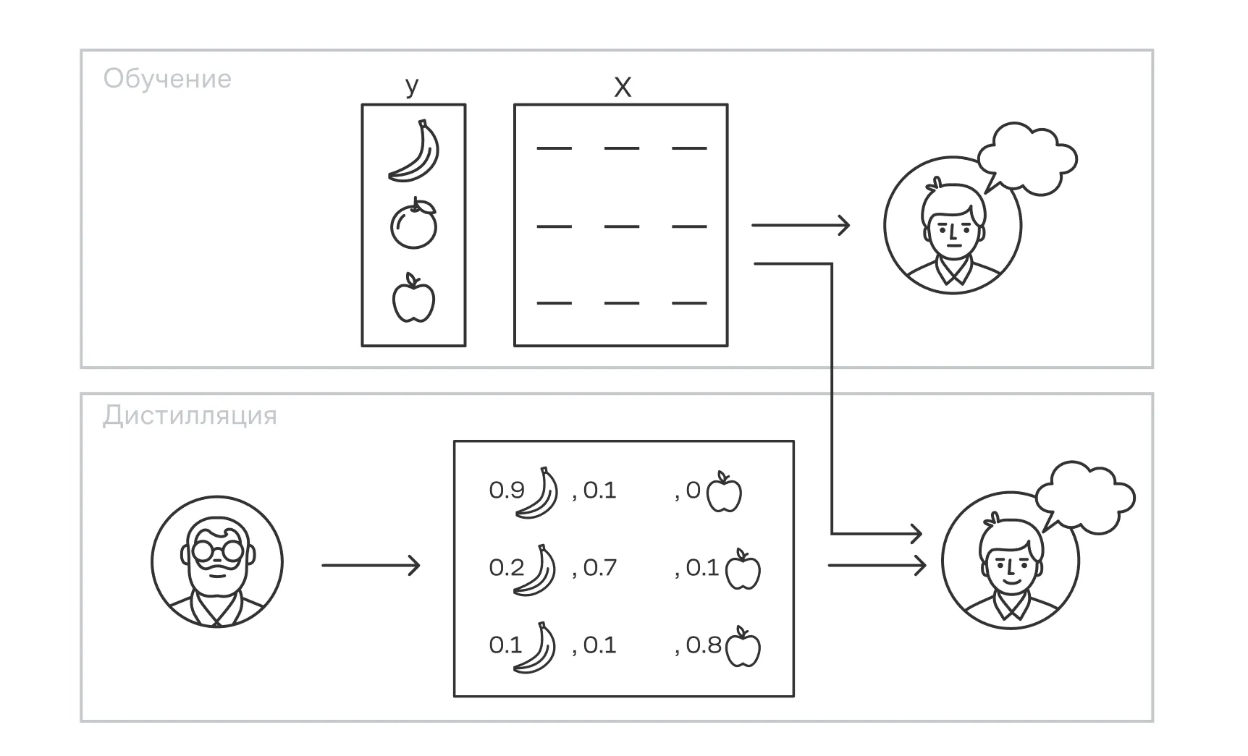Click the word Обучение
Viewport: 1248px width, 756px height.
click(x=167, y=78)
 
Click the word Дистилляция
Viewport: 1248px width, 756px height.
click(x=190, y=416)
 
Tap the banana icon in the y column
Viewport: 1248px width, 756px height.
click(x=415, y=150)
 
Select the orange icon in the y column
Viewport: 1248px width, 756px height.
click(x=414, y=224)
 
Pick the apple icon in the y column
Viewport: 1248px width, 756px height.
click(x=413, y=298)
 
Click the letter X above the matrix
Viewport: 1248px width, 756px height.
click(x=622, y=88)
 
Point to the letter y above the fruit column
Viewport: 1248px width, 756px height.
click(x=412, y=86)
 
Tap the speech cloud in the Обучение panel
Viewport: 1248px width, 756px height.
click(x=1026, y=159)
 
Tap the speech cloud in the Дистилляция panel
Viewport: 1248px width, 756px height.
click(x=1084, y=498)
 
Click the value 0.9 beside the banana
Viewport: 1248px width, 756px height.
click(x=506, y=490)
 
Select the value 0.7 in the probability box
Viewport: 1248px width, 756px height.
click(x=599, y=568)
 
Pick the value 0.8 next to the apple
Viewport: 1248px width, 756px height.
click(x=703, y=645)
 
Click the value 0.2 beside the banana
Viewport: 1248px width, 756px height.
click(x=506, y=568)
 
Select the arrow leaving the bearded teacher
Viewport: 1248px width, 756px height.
click(x=371, y=565)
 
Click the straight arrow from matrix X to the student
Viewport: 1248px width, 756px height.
click(x=800, y=225)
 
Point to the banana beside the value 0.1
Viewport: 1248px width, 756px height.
click(x=536, y=647)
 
